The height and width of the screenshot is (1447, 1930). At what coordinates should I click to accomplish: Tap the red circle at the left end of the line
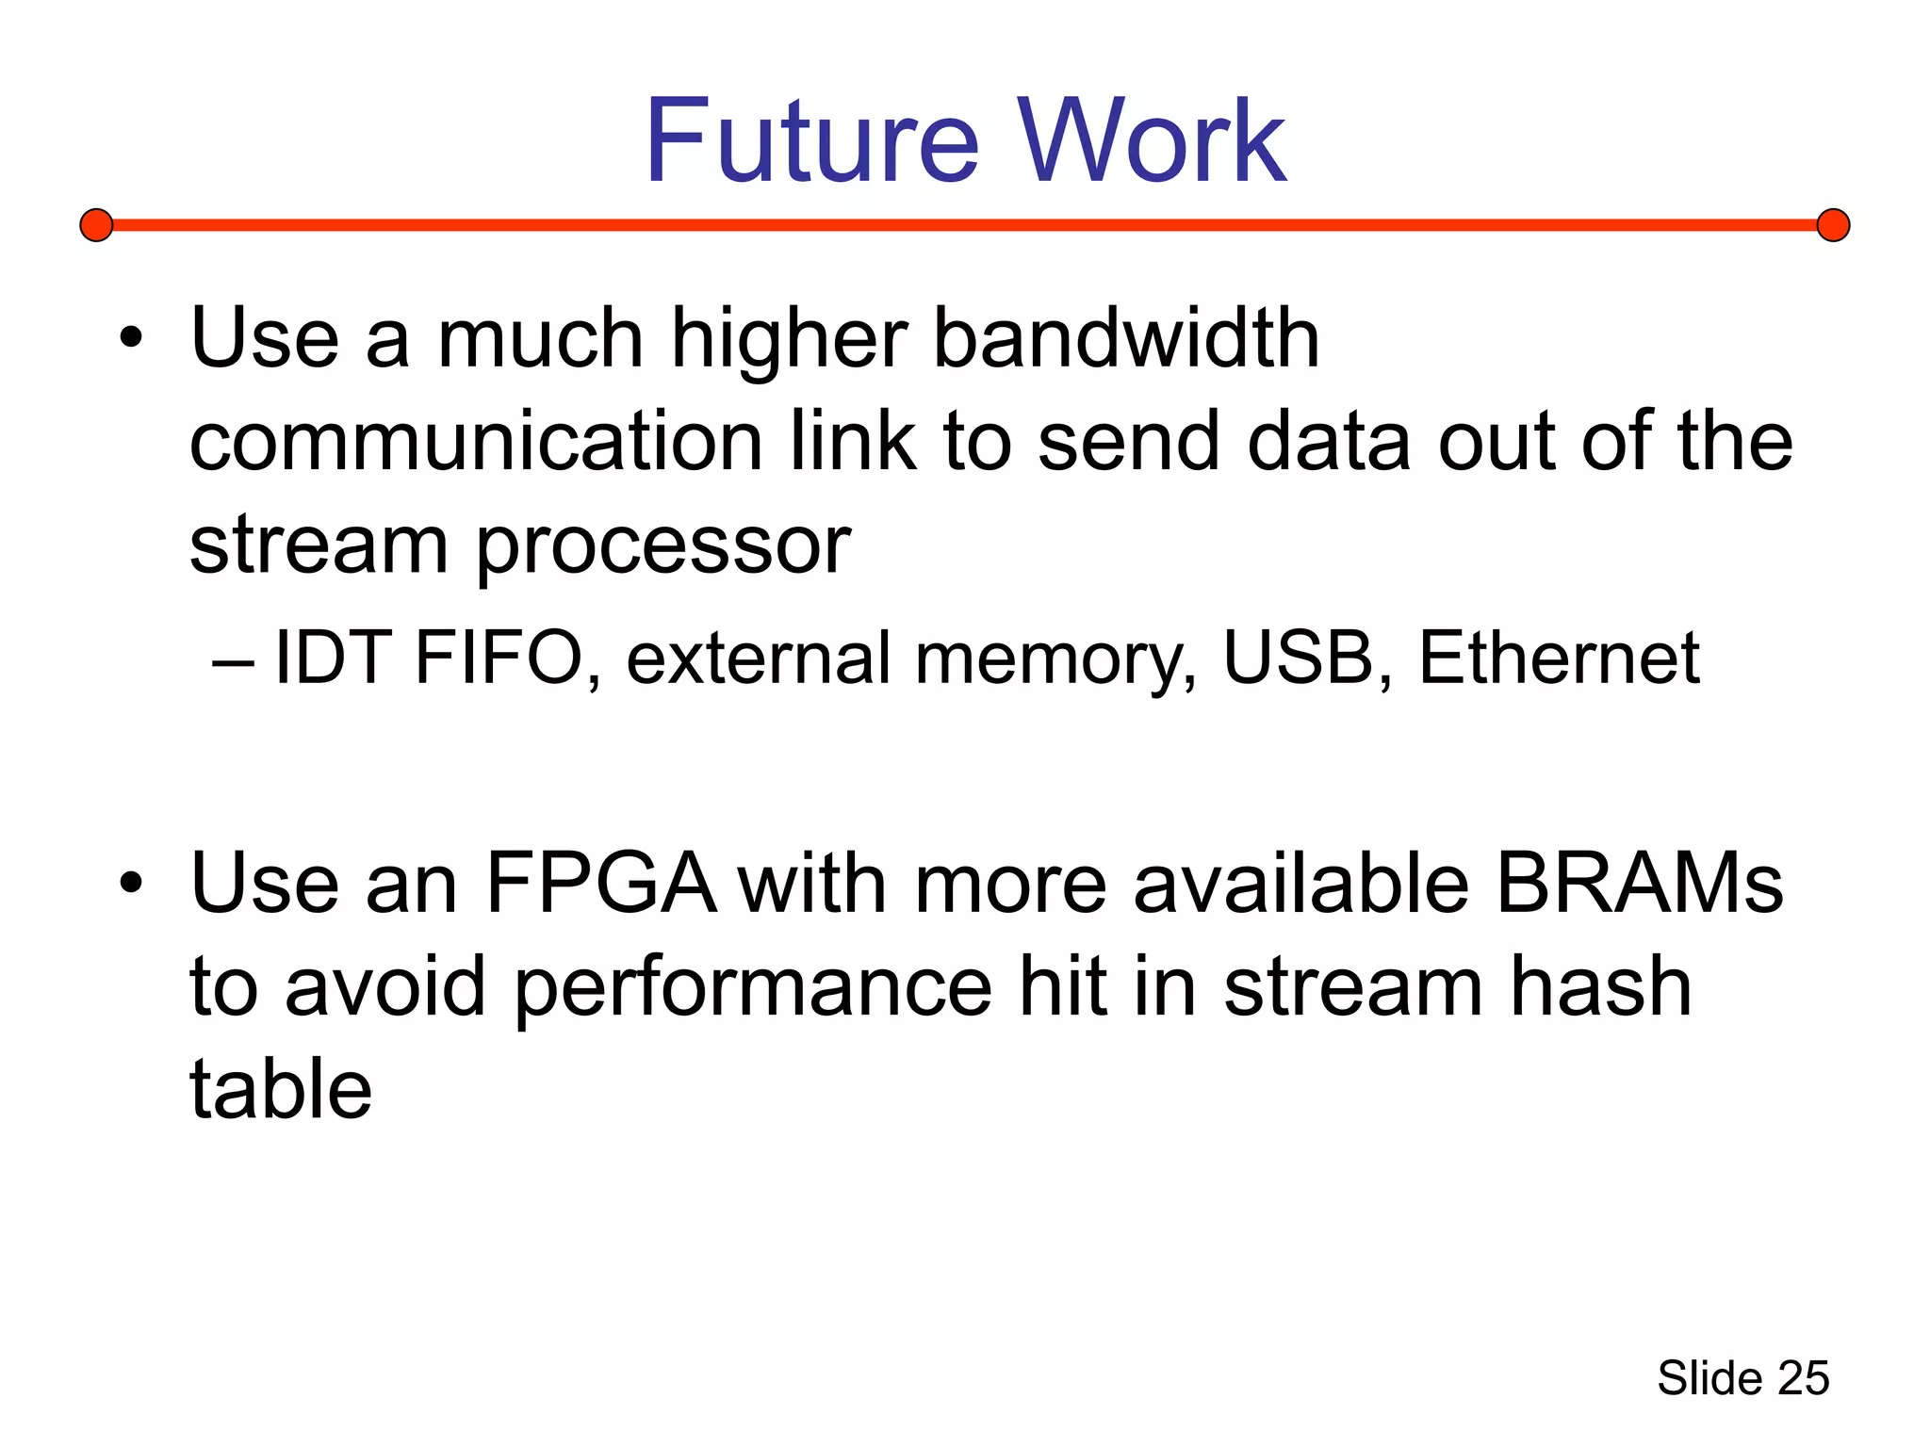(x=96, y=225)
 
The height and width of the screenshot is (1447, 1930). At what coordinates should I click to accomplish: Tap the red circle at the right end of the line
(x=1833, y=225)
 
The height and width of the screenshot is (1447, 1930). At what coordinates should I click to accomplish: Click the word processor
(x=663, y=546)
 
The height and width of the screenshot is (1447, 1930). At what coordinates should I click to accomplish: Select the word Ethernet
(x=1559, y=658)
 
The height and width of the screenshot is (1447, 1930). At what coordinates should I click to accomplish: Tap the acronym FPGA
(x=599, y=884)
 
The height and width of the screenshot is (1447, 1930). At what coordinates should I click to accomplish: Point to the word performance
(x=753, y=989)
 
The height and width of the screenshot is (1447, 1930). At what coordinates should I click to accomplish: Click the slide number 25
(x=1803, y=1378)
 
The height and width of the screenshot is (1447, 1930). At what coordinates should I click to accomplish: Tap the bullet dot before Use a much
(x=131, y=337)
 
